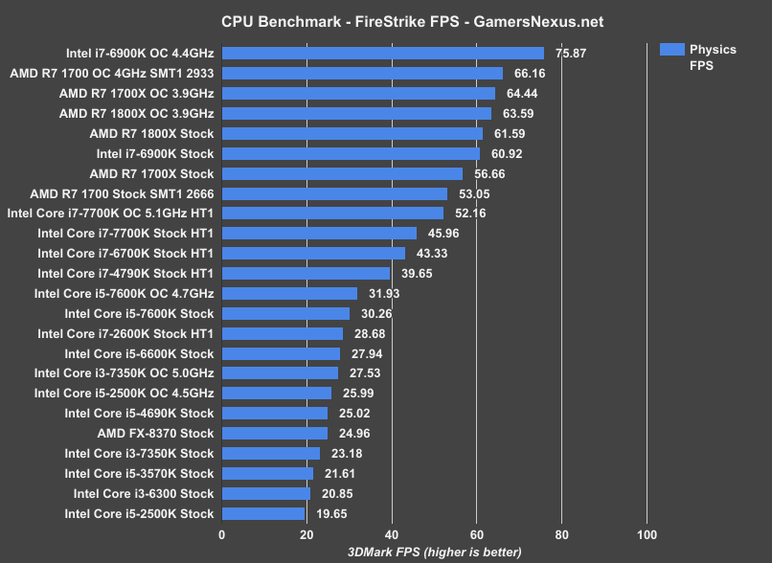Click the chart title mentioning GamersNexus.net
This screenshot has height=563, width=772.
386,21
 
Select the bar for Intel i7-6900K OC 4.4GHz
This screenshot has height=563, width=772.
382,53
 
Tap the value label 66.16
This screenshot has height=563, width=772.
530,73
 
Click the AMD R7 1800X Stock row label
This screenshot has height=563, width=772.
151,133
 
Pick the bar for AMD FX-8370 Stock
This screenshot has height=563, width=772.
275,433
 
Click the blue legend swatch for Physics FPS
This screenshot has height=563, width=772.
670,49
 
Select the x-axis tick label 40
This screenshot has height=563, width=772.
392,534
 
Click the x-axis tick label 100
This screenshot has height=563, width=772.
647,534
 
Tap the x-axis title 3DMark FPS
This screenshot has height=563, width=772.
434,552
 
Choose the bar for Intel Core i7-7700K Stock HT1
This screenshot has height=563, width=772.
319,233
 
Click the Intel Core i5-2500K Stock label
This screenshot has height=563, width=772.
139,513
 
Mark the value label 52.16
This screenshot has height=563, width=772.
470,213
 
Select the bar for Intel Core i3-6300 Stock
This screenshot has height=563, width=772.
266,493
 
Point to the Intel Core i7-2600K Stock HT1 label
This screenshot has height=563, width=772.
125,333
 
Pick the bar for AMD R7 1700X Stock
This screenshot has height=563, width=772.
342,173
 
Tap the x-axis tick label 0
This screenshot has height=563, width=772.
222,534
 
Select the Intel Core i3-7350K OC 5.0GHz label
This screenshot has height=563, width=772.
124,372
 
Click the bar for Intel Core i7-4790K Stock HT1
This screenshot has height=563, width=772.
306,273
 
